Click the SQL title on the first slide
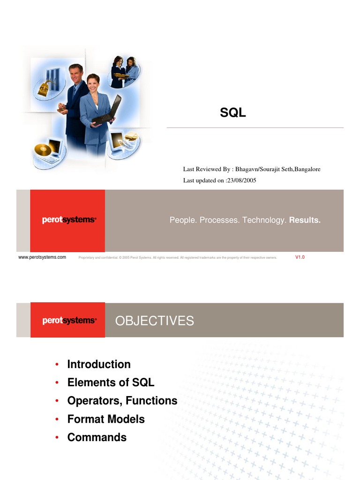click(x=232, y=112)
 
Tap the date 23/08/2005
click(x=241, y=180)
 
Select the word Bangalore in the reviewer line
click(x=307, y=169)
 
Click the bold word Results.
click(x=305, y=220)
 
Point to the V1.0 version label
click(x=300, y=257)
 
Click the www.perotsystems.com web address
click(x=42, y=257)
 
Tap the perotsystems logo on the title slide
click(x=69, y=219)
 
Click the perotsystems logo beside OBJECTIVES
click(x=69, y=320)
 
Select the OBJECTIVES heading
click(x=155, y=321)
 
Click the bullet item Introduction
click(x=99, y=364)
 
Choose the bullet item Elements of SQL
click(x=111, y=382)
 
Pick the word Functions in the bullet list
click(x=151, y=400)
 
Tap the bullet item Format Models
click(x=106, y=419)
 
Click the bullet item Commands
click(x=97, y=437)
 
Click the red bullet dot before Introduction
click(x=57, y=364)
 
